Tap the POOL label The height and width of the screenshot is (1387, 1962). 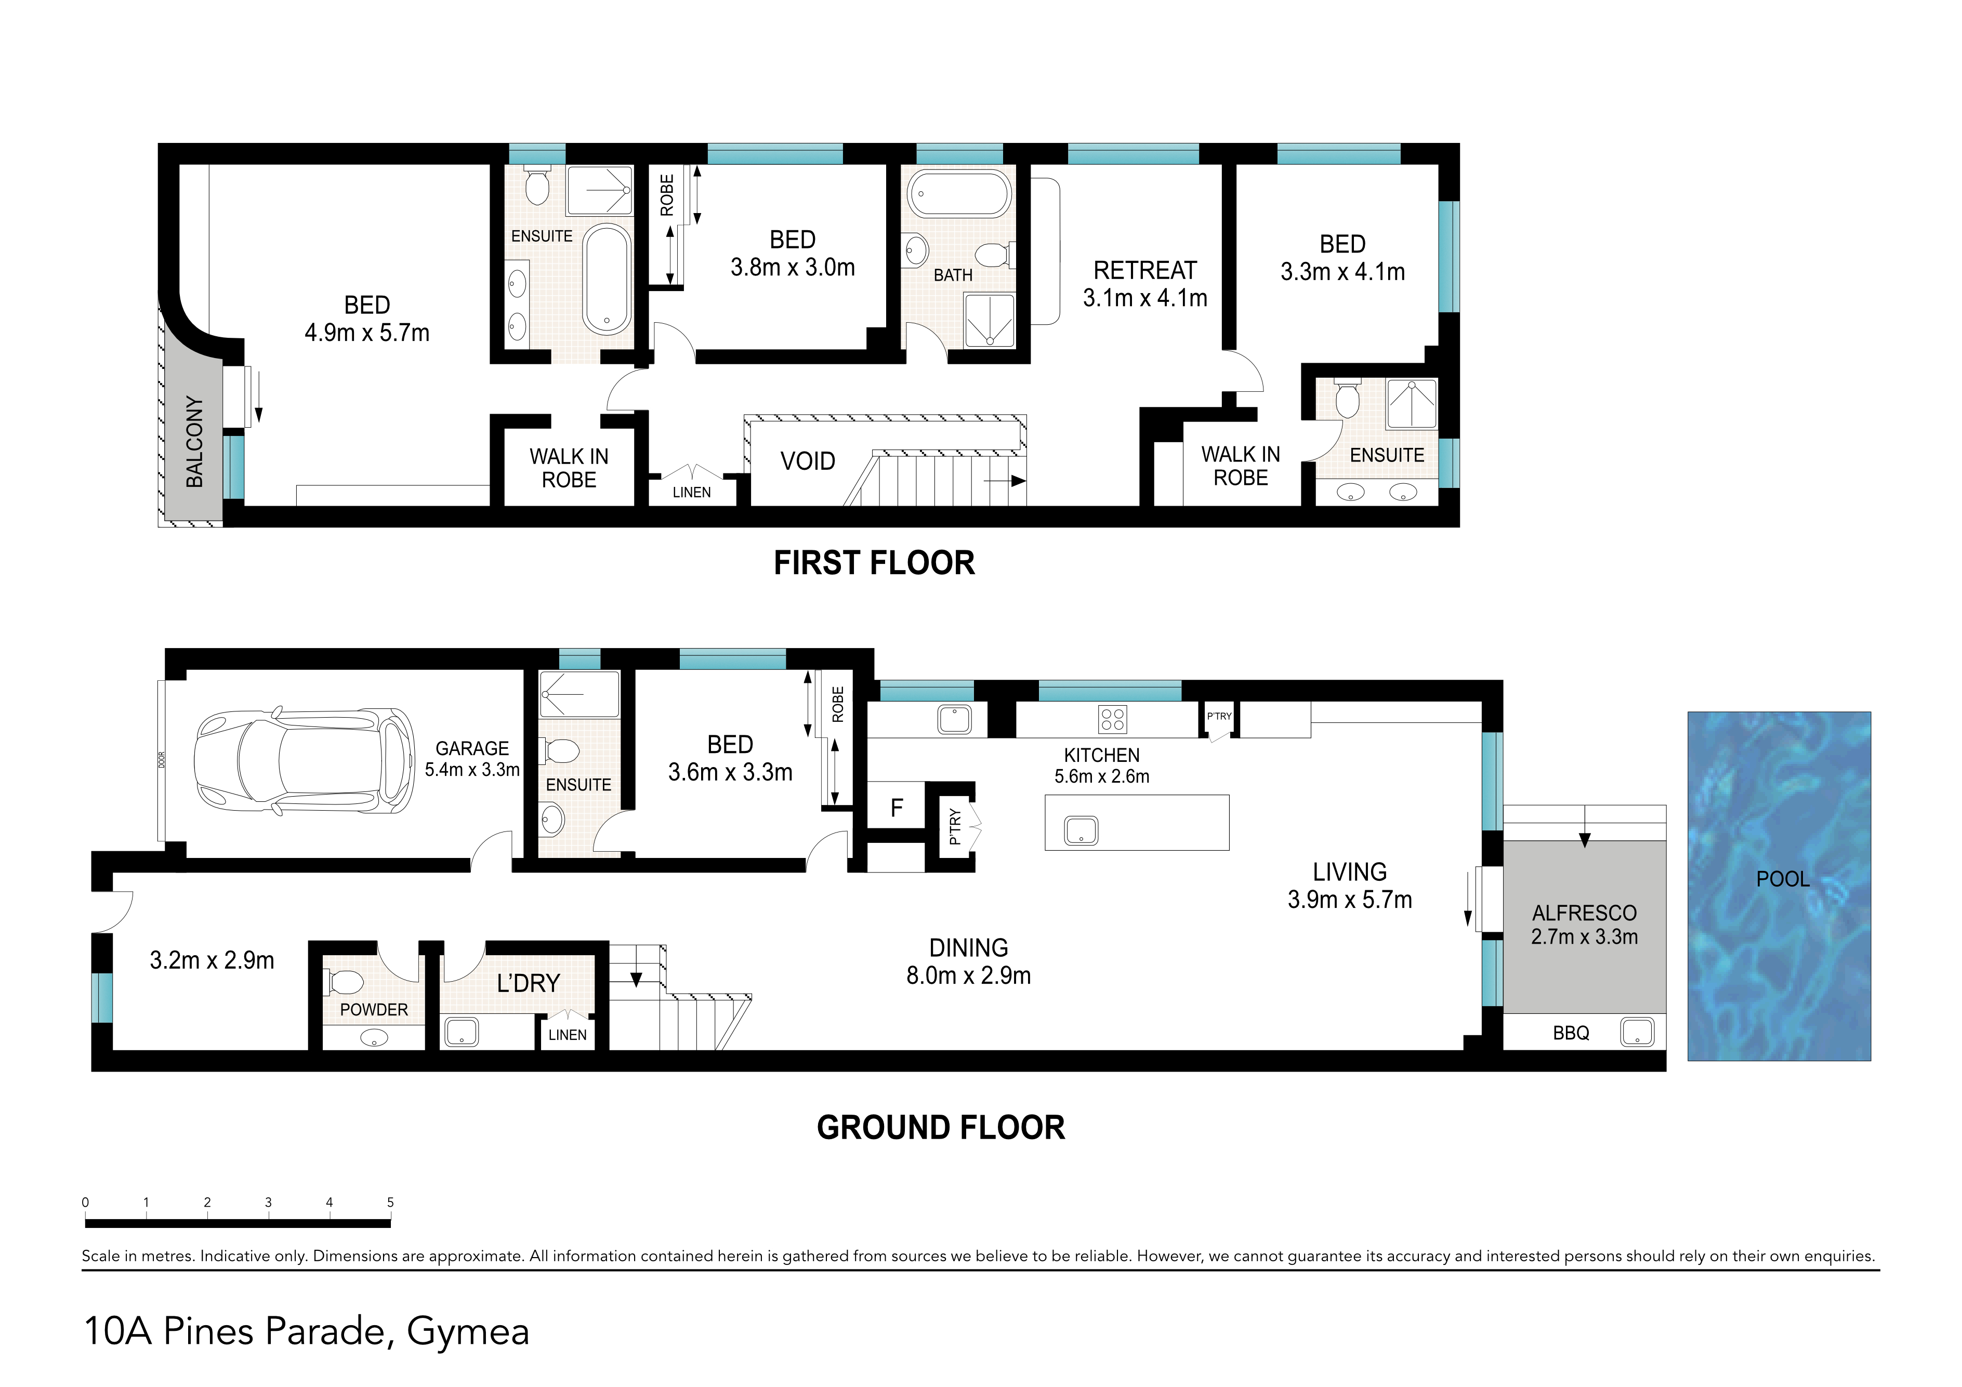coord(1783,879)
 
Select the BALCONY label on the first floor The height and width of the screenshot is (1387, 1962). coord(195,442)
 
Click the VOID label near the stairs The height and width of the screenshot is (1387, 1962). coord(808,461)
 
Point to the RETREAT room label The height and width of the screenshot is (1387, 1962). coord(1145,271)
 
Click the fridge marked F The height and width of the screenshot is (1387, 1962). coord(897,808)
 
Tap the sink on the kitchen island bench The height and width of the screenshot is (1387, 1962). coord(1081,830)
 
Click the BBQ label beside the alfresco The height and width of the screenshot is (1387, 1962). coord(1571,1033)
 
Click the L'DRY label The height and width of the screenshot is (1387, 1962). coord(528,984)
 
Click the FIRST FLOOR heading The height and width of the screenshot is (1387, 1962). coord(874,563)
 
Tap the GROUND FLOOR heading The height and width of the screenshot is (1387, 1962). coord(941,1128)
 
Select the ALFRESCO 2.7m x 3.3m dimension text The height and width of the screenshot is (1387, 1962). coord(1584,936)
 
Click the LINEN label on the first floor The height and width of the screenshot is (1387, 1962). coord(691,492)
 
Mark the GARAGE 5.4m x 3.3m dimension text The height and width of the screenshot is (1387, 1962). coord(472,769)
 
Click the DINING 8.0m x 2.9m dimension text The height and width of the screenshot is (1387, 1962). coord(968,975)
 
